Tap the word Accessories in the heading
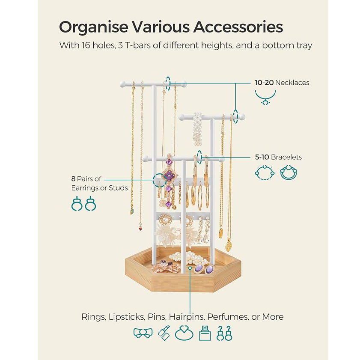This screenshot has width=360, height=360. point(238,27)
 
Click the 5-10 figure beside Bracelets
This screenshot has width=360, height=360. point(262,157)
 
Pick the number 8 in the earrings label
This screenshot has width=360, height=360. point(74,179)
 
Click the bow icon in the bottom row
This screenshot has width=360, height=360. point(143,333)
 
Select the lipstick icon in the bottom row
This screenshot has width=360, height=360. point(164,333)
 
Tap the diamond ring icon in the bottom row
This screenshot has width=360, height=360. point(184,333)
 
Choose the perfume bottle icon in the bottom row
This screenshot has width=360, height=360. point(205,333)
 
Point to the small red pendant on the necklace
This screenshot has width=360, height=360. point(140,229)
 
